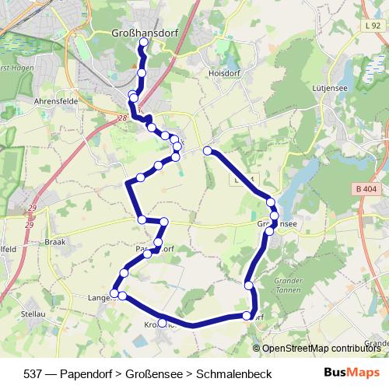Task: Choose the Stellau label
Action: pos(33,314)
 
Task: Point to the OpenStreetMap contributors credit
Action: pos(319,349)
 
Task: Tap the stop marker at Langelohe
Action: pos(114,294)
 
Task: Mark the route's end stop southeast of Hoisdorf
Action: pos(207,150)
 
